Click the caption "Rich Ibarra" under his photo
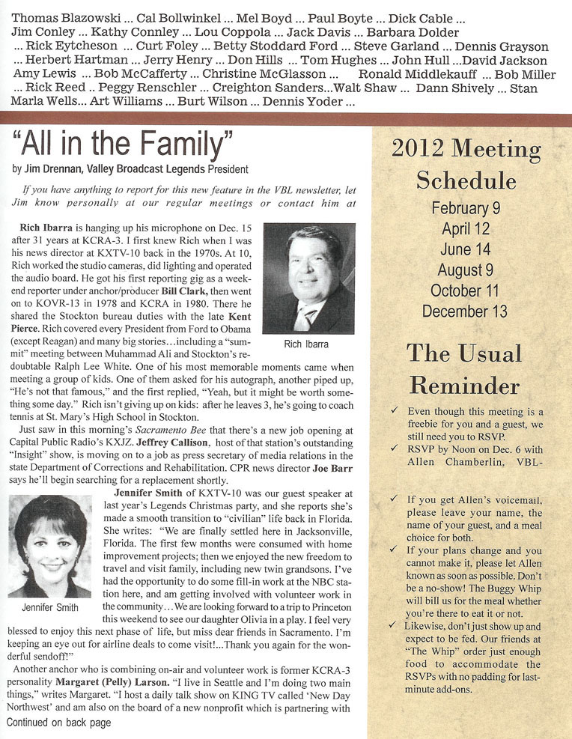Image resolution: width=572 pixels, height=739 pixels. click(308, 344)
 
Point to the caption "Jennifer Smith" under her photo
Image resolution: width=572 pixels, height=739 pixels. click(49, 606)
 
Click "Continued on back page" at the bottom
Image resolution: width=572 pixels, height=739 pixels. click(59, 723)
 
